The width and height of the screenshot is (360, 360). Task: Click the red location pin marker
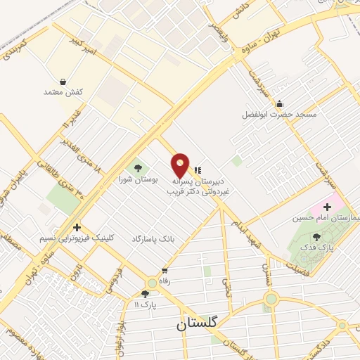180,165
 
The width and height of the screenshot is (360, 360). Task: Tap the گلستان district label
199,324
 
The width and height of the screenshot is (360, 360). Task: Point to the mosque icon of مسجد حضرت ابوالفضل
279,103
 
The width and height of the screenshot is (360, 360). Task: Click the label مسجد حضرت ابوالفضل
279,114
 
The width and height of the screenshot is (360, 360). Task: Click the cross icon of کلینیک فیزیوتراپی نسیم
76,227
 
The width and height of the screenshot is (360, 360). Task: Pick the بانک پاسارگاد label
151,239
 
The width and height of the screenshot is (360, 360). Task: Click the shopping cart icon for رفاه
165,270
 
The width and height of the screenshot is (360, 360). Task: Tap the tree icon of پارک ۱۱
145,294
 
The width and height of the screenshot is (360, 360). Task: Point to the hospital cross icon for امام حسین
327,207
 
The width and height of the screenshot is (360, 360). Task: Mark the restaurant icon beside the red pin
197,169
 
